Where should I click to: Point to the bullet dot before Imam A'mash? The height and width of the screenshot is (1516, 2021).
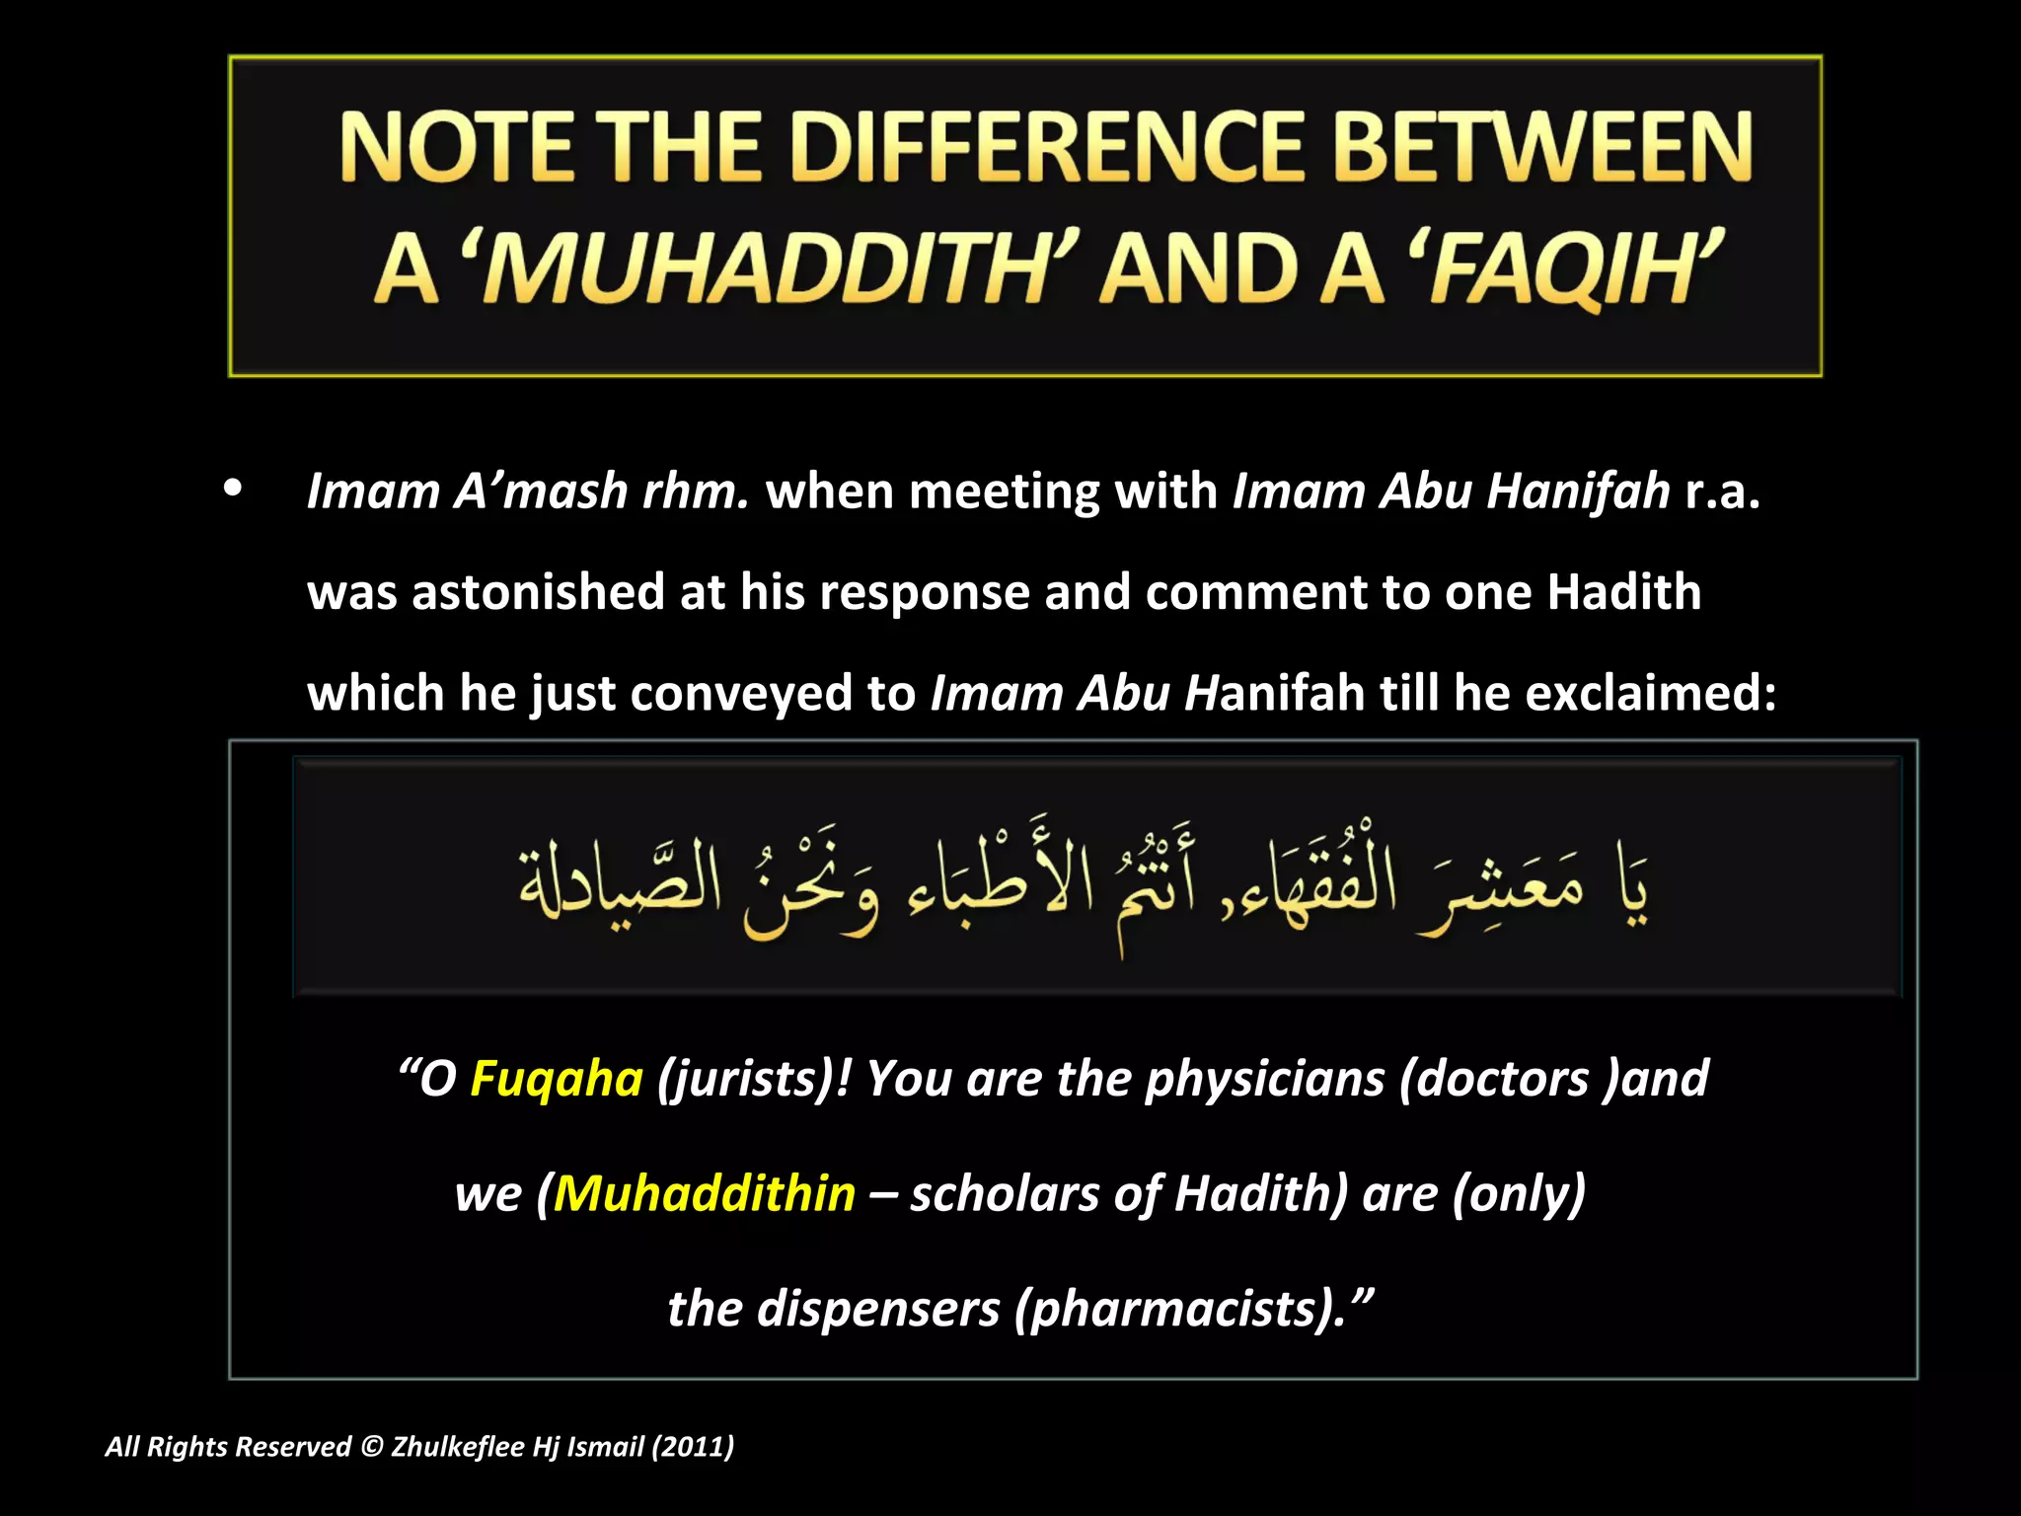point(233,489)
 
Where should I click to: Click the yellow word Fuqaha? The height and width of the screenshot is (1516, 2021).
point(557,1078)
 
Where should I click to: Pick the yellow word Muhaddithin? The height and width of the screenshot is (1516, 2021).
point(705,1193)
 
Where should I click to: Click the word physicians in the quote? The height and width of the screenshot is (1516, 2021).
point(1264,1078)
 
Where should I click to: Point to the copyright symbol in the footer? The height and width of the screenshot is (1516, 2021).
point(371,1447)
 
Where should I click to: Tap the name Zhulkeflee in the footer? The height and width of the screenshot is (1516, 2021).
point(458,1447)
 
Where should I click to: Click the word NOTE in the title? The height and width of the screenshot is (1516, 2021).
point(455,148)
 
